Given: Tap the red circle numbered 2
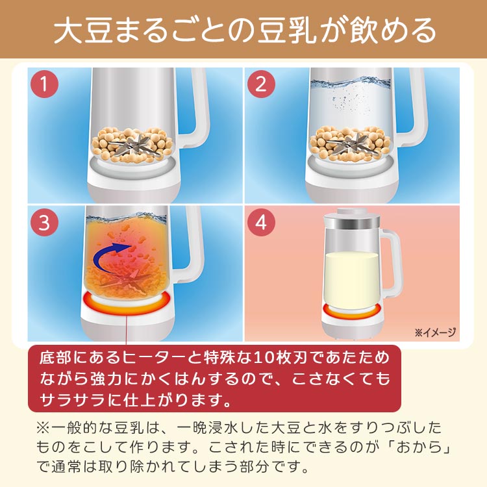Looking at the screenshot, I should (x=261, y=84).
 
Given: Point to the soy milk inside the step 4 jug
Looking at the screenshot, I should (x=351, y=276).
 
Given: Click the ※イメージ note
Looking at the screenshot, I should (x=435, y=332).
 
